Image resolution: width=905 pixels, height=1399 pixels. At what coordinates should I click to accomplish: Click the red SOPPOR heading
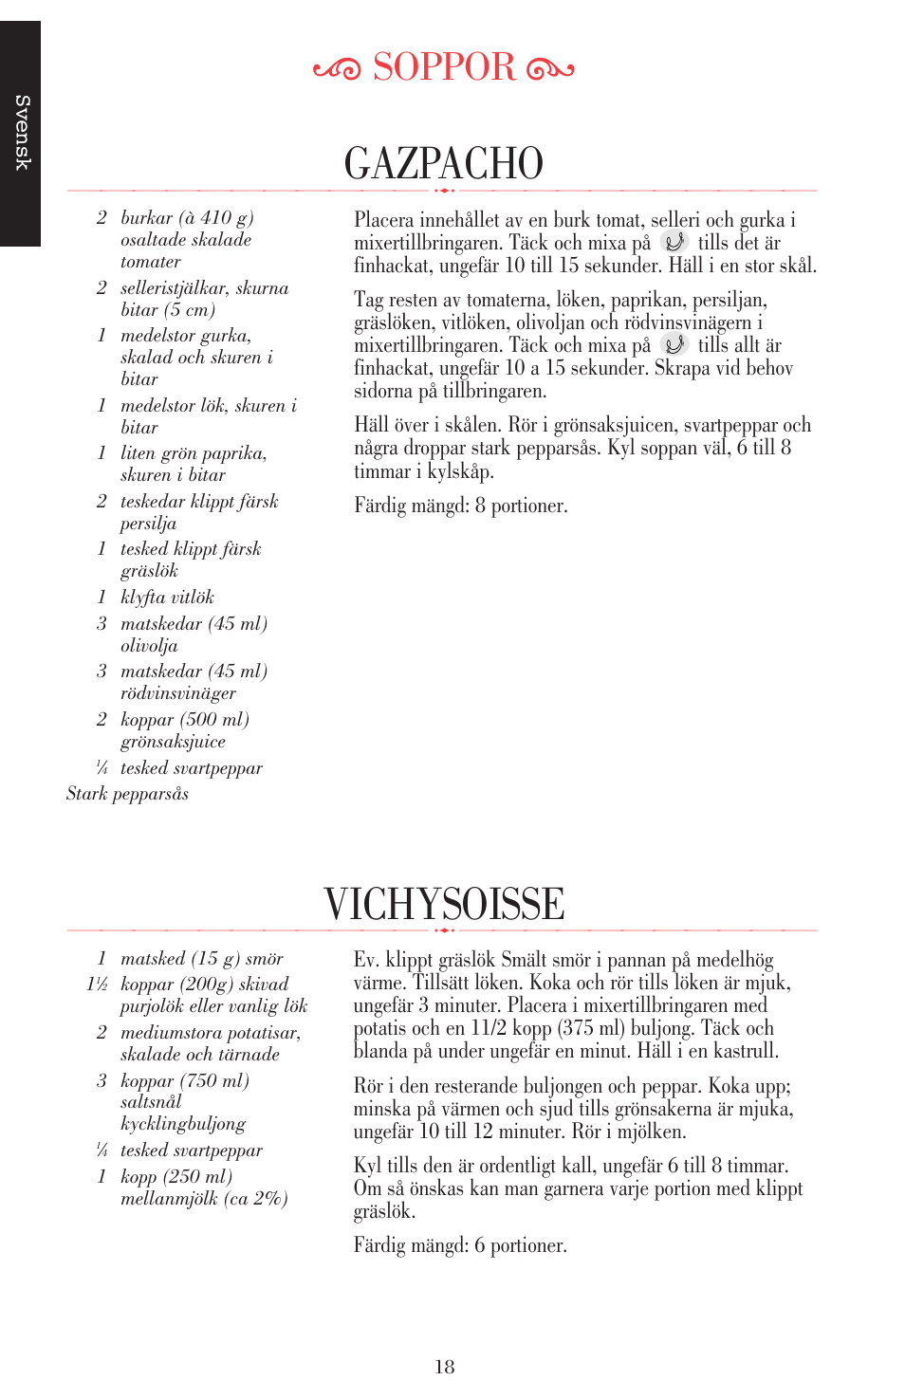[444, 67]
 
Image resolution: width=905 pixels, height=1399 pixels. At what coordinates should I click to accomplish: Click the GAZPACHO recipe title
[444, 163]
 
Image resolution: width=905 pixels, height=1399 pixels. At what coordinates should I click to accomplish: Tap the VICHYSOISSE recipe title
[444, 904]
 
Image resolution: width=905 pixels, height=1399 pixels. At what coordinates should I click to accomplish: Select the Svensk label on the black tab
[22, 133]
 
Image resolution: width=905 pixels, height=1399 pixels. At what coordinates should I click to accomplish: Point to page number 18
[444, 1367]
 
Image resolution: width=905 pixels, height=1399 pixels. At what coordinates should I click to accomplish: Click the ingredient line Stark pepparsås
[127, 794]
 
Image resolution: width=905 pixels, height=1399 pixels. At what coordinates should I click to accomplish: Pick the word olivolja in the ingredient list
[149, 646]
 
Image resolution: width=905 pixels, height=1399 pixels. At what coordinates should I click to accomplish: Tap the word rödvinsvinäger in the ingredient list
[178, 693]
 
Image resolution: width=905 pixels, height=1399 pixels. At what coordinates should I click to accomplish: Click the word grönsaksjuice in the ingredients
[173, 742]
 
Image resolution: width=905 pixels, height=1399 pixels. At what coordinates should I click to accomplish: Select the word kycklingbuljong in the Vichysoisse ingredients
[183, 1124]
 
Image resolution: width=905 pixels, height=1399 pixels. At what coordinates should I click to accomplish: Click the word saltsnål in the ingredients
[151, 1102]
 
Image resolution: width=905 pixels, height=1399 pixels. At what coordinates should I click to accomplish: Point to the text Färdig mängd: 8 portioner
[461, 506]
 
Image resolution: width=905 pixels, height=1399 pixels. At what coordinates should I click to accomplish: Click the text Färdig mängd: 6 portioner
[460, 1245]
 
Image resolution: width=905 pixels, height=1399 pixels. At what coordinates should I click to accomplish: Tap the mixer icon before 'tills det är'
[674, 242]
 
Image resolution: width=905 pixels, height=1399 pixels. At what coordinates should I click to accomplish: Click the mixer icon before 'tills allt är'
[674, 344]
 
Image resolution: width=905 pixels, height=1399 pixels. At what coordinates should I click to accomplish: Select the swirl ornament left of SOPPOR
[337, 69]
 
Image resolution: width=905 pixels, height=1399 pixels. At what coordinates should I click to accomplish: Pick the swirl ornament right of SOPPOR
[550, 69]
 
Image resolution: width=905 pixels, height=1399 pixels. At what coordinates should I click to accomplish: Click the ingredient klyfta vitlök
[167, 598]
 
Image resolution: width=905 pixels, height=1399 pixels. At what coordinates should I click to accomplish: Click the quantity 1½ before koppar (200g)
[97, 985]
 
